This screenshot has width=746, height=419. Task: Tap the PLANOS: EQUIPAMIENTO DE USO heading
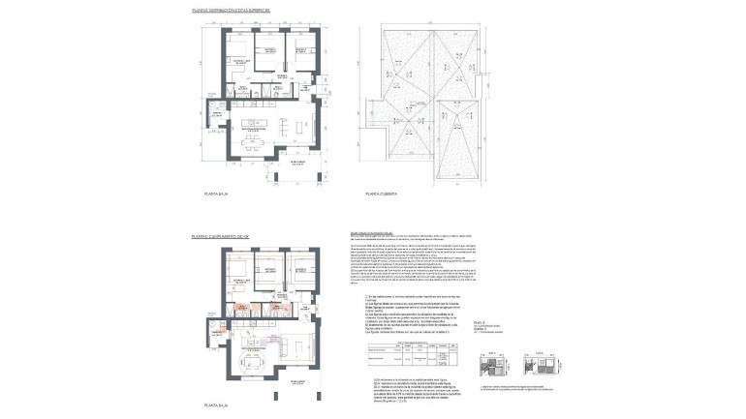pos(220,234)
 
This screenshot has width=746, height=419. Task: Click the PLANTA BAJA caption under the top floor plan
pos(214,195)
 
